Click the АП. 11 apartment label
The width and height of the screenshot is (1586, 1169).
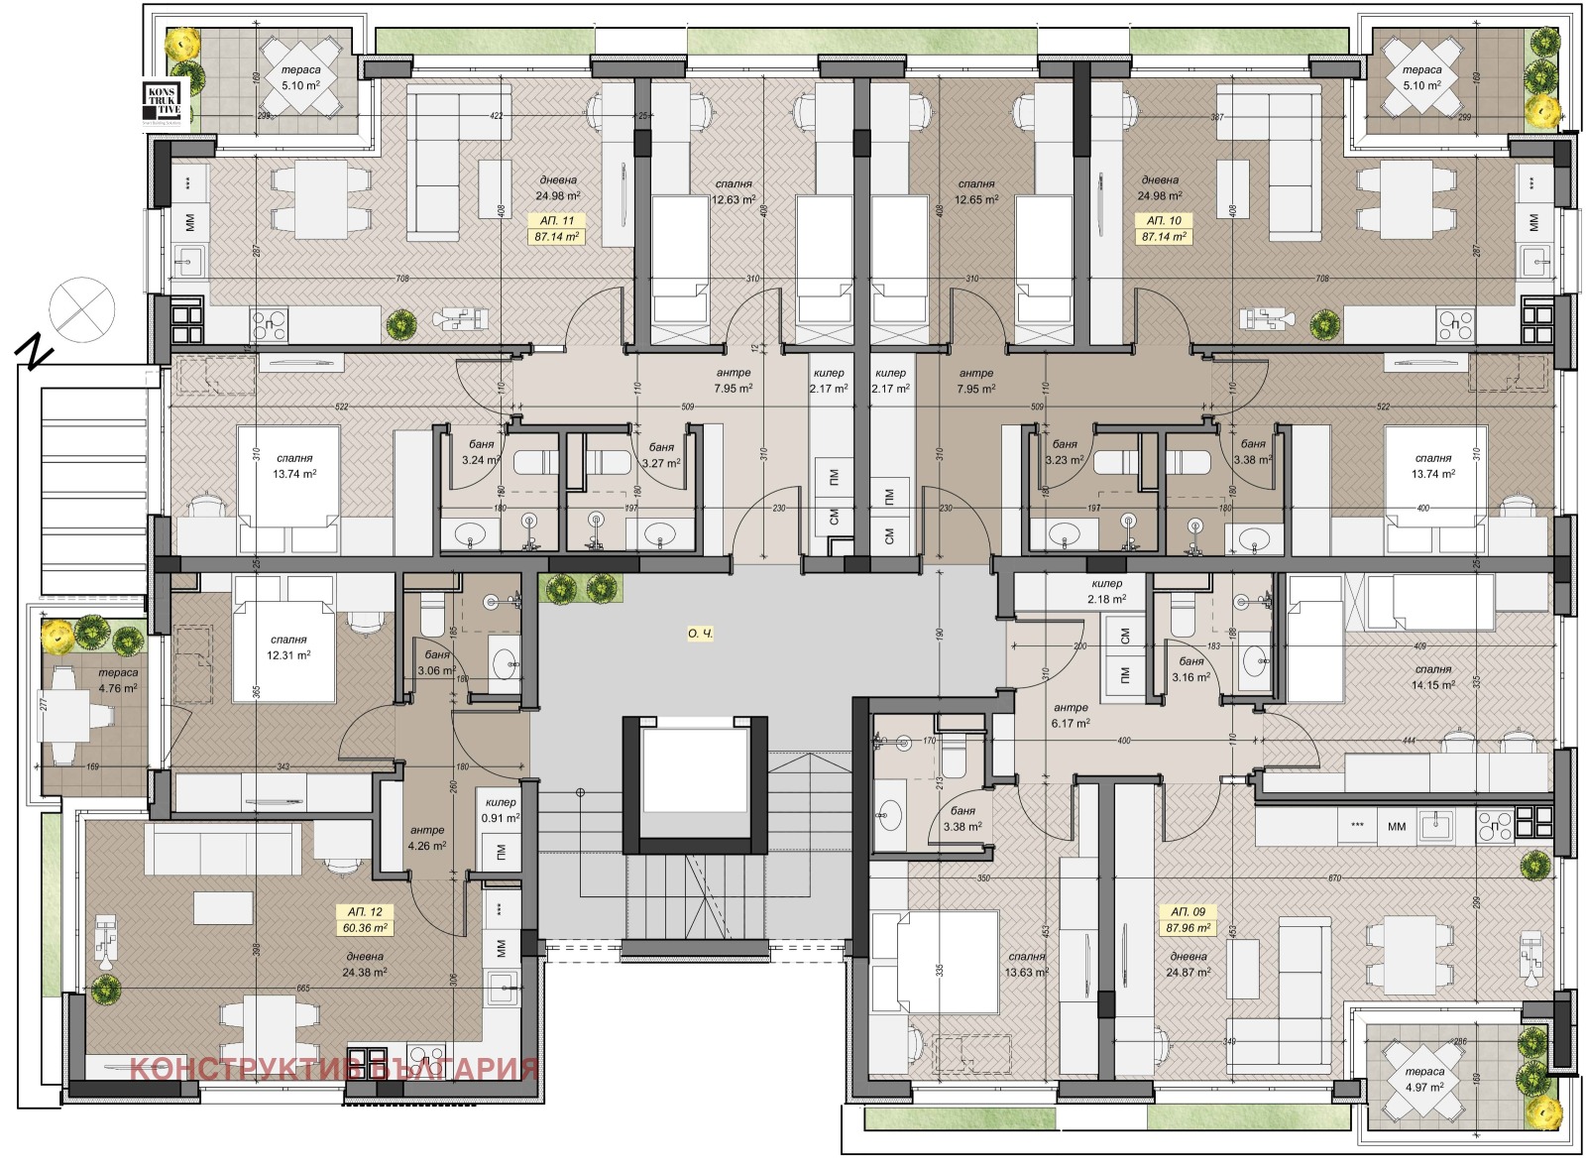click(556, 221)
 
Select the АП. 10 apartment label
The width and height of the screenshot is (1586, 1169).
click(1164, 221)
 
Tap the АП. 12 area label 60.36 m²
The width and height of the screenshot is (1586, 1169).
click(366, 928)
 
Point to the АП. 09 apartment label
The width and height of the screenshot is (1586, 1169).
click(1188, 911)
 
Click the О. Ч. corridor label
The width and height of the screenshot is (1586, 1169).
click(700, 634)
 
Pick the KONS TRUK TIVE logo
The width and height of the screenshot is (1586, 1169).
click(163, 103)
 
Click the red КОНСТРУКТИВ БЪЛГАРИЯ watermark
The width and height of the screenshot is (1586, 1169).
click(334, 1069)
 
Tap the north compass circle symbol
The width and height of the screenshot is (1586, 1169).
click(83, 309)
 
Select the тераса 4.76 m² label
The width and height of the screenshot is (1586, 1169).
click(118, 680)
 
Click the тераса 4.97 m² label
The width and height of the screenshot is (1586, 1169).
click(1424, 1079)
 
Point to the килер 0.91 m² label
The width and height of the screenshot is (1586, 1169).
click(501, 810)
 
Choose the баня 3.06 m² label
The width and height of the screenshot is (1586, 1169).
click(436, 662)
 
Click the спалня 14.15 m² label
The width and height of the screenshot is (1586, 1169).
click(1433, 676)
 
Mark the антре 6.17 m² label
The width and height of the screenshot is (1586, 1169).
click(1071, 715)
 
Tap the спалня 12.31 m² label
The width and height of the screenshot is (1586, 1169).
click(288, 647)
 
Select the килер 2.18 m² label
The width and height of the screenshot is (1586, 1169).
click(1106, 591)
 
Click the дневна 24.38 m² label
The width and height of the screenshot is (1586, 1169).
click(365, 964)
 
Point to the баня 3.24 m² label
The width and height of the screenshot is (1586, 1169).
click(481, 453)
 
